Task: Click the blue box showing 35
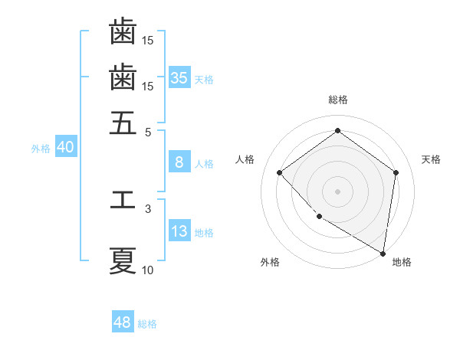pyautogui.click(x=179, y=78)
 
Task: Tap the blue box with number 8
pyautogui.click(x=179, y=162)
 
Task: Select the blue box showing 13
pyautogui.click(x=179, y=231)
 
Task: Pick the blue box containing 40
pyautogui.click(x=65, y=148)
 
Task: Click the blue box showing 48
pyautogui.click(x=123, y=322)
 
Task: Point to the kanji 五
pyautogui.click(x=123, y=123)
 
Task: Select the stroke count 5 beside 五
pyautogui.click(x=149, y=132)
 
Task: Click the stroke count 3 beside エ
pyautogui.click(x=148, y=208)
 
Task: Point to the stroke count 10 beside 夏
pyautogui.click(x=148, y=270)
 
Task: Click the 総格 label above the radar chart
pyautogui.click(x=338, y=100)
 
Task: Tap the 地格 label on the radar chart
pyautogui.click(x=402, y=262)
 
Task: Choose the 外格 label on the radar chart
pyautogui.click(x=270, y=262)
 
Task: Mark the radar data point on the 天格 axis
pyautogui.click(x=396, y=172)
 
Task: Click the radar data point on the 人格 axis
pyautogui.click(x=280, y=172)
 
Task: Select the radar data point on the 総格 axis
pyautogui.click(x=338, y=131)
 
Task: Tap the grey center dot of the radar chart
pyautogui.click(x=338, y=190)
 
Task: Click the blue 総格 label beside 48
pyautogui.click(x=147, y=324)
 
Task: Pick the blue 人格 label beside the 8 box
pyautogui.click(x=204, y=163)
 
